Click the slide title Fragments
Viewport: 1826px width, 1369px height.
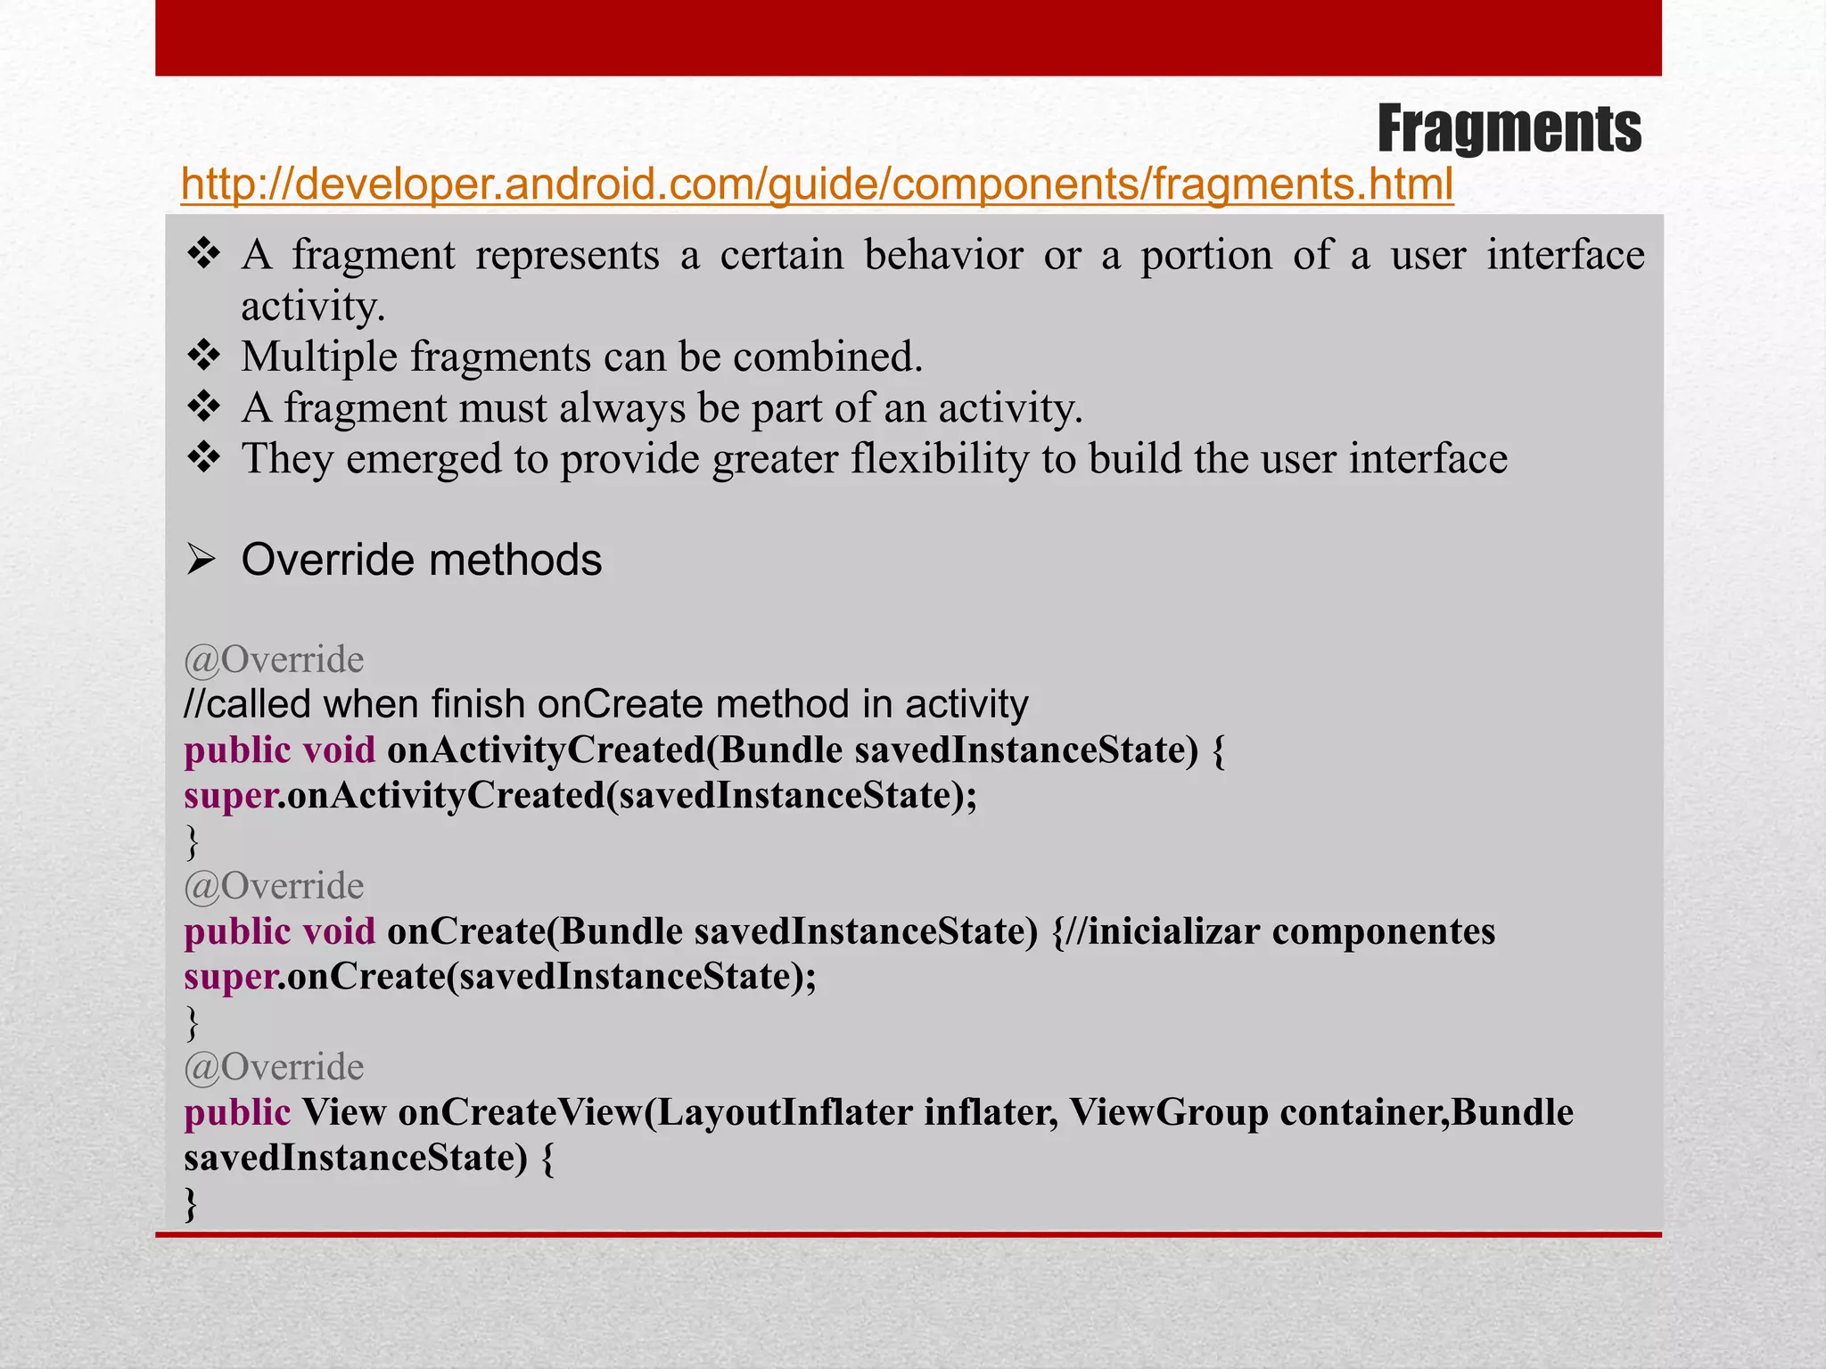[1509, 129]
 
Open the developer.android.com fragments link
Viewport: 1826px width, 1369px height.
[817, 184]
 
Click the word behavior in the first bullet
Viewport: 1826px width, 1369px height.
[943, 256]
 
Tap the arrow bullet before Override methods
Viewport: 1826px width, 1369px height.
[202, 561]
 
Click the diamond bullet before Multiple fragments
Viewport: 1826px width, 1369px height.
[204, 357]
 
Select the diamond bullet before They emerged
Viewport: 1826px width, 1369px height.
[204, 459]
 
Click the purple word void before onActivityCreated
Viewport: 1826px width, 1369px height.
[339, 750]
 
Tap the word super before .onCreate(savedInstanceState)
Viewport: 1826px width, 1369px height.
[230, 977]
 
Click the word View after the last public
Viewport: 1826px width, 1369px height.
[343, 1112]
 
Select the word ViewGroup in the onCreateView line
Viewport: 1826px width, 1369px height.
[1168, 1112]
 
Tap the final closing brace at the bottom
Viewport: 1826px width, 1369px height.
[191, 1203]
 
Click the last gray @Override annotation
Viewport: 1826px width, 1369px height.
[274, 1067]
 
